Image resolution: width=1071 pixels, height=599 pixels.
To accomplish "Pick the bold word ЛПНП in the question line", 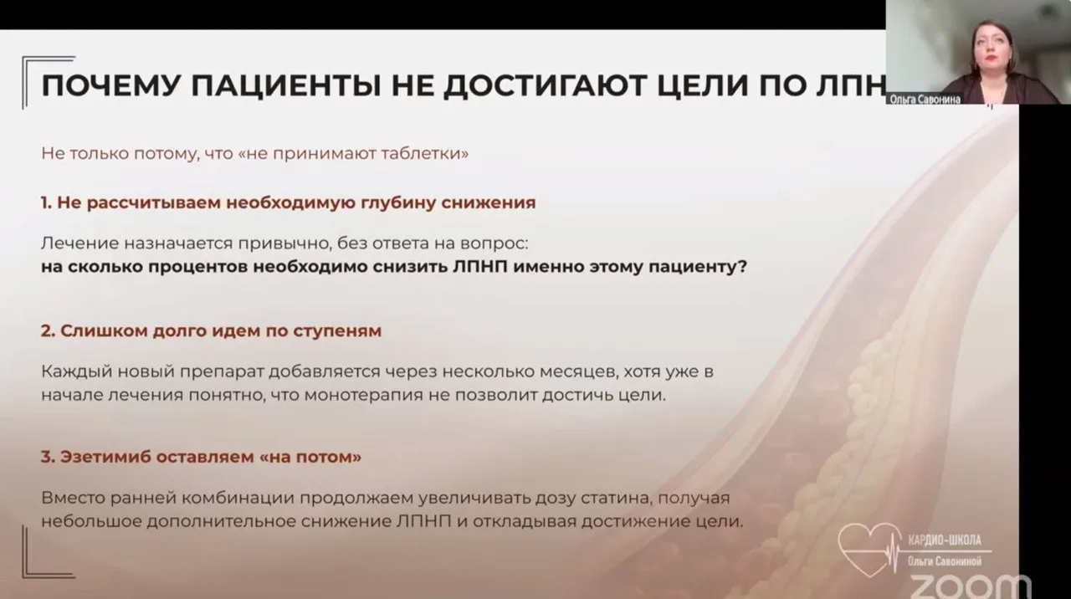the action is click(480, 266).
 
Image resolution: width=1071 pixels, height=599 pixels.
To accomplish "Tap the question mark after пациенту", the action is click(742, 266).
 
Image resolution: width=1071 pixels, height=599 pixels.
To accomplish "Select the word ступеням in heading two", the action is click(337, 331).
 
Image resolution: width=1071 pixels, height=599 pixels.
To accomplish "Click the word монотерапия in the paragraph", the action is click(364, 396).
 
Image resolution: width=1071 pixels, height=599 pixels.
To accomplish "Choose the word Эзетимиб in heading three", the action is click(105, 457).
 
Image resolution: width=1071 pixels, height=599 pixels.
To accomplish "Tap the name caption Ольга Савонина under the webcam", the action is click(925, 100).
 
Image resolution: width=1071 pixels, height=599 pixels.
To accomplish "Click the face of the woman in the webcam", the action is click(993, 48).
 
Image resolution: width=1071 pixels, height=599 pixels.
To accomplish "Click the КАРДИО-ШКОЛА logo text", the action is click(945, 540).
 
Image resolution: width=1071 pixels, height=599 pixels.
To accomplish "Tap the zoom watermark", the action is click(971, 587).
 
